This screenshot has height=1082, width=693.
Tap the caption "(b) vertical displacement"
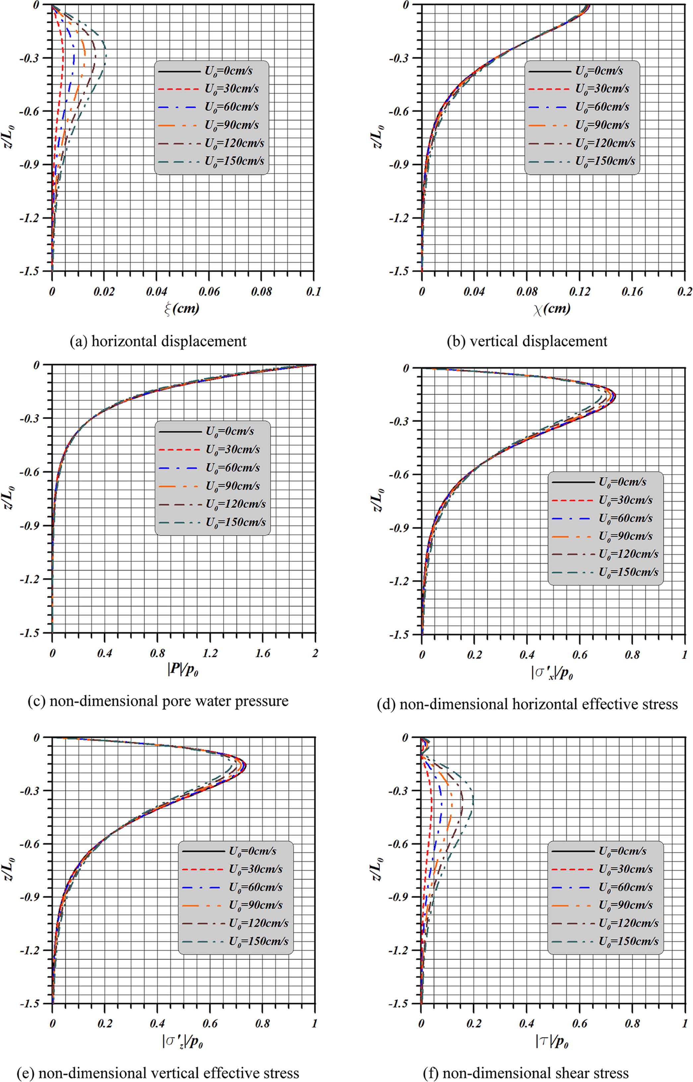[527, 341]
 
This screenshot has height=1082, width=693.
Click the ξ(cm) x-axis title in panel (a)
[182, 309]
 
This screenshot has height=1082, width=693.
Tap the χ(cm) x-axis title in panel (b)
[552, 309]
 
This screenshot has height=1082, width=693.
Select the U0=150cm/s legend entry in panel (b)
[605, 161]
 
